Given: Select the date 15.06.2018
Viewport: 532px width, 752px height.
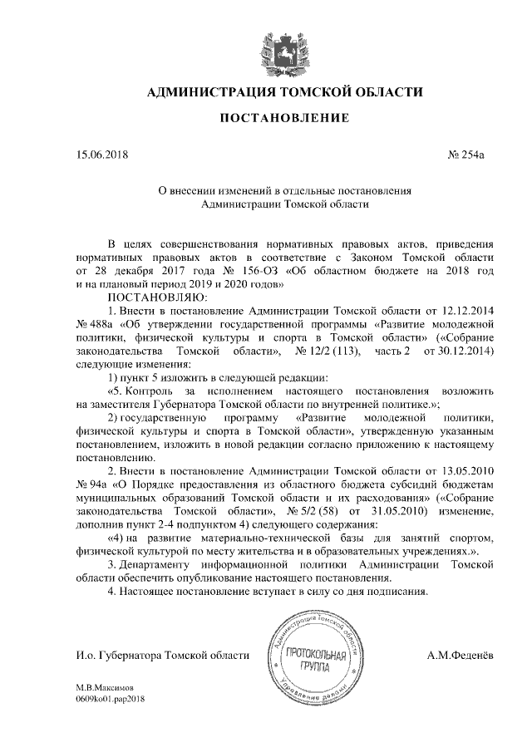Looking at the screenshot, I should point(102,155).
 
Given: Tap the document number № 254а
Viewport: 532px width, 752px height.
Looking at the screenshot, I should point(465,155).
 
